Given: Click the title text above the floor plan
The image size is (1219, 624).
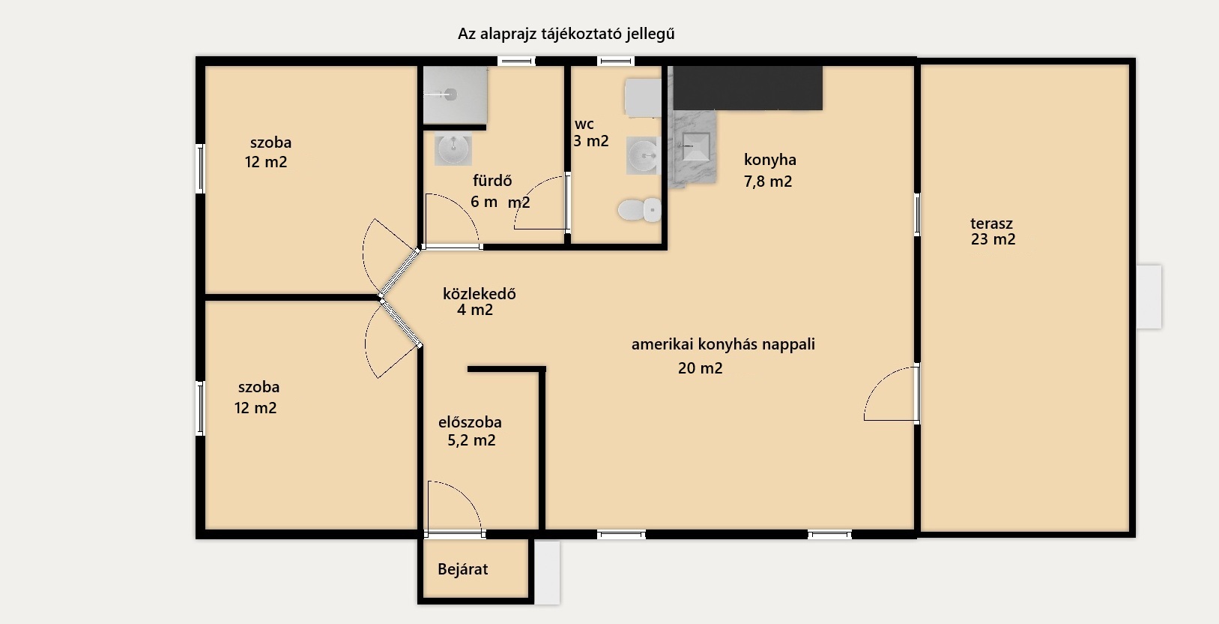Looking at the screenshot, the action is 566,34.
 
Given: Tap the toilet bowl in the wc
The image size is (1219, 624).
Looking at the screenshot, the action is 640,210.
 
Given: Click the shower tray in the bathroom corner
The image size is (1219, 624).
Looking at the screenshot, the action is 455,94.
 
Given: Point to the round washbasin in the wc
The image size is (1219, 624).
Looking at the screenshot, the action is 643,156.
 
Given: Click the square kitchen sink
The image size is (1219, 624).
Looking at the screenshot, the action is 696,146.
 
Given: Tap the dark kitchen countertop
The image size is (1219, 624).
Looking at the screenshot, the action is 748,88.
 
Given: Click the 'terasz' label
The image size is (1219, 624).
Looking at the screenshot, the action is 991,223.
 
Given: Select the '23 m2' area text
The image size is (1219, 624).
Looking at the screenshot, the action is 993,239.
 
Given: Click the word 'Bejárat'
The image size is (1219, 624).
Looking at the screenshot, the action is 462,569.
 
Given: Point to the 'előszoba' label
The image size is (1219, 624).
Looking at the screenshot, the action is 470,422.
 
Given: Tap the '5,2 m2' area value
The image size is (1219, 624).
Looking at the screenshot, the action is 471,440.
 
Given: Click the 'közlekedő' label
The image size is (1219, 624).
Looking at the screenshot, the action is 479,294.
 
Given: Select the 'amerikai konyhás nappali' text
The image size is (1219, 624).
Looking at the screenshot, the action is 723,344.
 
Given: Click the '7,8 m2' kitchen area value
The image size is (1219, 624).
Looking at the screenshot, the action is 768,181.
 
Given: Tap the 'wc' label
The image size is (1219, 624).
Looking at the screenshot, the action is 584,124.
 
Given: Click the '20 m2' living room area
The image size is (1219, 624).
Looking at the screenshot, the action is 701,368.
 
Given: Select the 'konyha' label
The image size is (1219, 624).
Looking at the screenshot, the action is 770,160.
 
